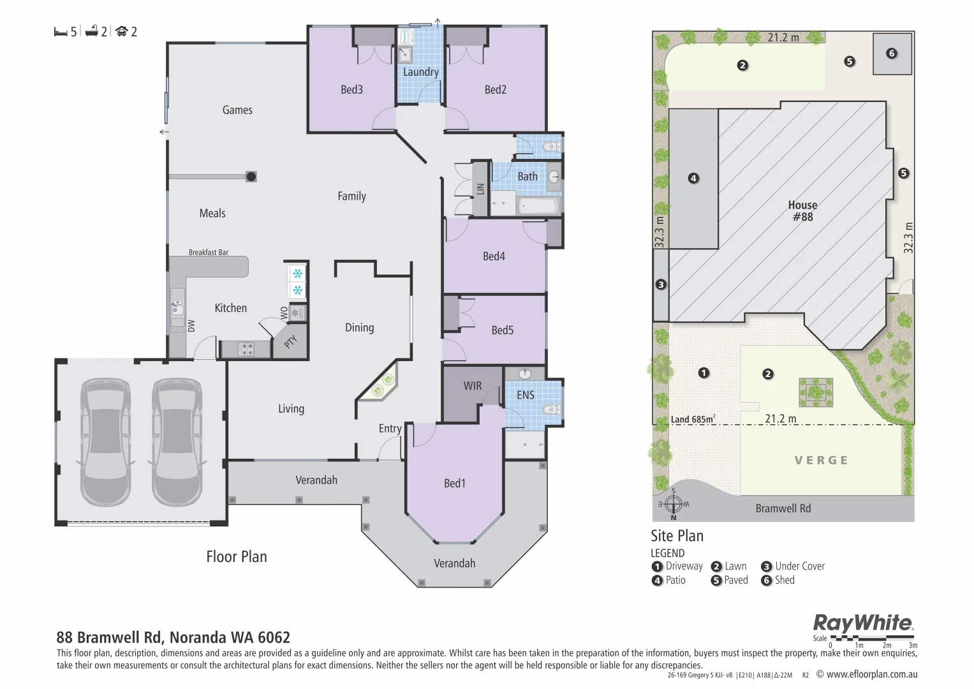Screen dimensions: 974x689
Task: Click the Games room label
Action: [x=237, y=110]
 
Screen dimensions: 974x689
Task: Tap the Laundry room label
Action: [x=420, y=72]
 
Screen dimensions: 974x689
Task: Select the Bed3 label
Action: [x=351, y=89]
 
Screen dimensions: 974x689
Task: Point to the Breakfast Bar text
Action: [x=209, y=252]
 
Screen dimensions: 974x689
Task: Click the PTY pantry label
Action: [x=290, y=341]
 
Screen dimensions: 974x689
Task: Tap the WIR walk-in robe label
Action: [x=472, y=386]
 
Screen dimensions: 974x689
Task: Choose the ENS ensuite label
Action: [x=525, y=395]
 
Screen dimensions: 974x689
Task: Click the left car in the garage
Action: [x=106, y=442]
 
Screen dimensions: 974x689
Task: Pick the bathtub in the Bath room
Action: [x=539, y=206]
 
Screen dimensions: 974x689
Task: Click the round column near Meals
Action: [x=251, y=177]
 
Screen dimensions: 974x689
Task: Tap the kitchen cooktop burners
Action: [x=246, y=349]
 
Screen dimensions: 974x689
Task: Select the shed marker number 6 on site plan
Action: [x=891, y=54]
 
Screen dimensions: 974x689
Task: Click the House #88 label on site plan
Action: [x=802, y=211]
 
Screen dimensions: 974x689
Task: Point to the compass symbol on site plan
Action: [x=673, y=505]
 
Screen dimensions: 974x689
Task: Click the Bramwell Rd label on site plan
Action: [x=783, y=508]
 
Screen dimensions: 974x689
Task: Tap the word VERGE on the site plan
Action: [x=822, y=460]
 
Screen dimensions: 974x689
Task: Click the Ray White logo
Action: [x=863, y=623]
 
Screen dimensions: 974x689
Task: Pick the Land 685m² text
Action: [x=693, y=419]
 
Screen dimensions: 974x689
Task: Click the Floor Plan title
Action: [x=237, y=557]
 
